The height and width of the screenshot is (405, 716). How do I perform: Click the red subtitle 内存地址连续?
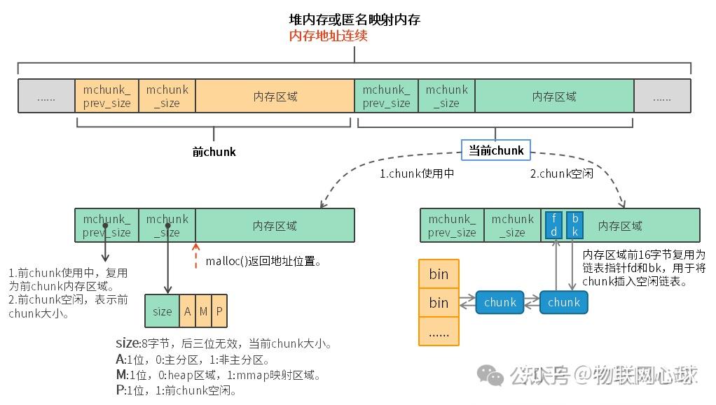(x=329, y=36)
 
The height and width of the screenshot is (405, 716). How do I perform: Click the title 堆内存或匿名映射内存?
(x=354, y=20)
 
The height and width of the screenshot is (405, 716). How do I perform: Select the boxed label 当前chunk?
(x=496, y=150)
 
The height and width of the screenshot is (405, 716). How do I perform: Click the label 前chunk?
(x=214, y=152)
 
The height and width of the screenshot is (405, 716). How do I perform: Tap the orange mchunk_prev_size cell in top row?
(x=106, y=97)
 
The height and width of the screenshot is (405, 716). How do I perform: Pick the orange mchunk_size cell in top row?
(x=167, y=97)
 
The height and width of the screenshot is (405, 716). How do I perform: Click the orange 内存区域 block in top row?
(x=275, y=97)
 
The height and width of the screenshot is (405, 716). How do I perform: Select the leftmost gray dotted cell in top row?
(x=46, y=97)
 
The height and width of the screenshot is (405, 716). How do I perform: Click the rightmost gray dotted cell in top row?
(x=662, y=97)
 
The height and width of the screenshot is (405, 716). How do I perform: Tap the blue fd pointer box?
(x=553, y=225)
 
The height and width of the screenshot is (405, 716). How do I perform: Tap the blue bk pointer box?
(x=574, y=225)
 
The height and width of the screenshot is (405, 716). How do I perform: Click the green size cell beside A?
(x=162, y=311)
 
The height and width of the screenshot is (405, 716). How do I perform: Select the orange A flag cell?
(x=187, y=311)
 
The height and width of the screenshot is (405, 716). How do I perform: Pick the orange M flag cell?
(x=203, y=311)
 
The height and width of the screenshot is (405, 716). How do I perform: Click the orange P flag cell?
(x=219, y=311)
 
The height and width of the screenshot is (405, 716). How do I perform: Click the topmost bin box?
(x=439, y=273)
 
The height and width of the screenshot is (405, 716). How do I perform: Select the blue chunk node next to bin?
(x=500, y=302)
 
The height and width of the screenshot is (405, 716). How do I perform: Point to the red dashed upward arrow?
(x=195, y=256)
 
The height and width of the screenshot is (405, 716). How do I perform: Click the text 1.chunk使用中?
(x=417, y=173)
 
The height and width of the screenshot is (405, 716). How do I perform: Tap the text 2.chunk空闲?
(x=561, y=173)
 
